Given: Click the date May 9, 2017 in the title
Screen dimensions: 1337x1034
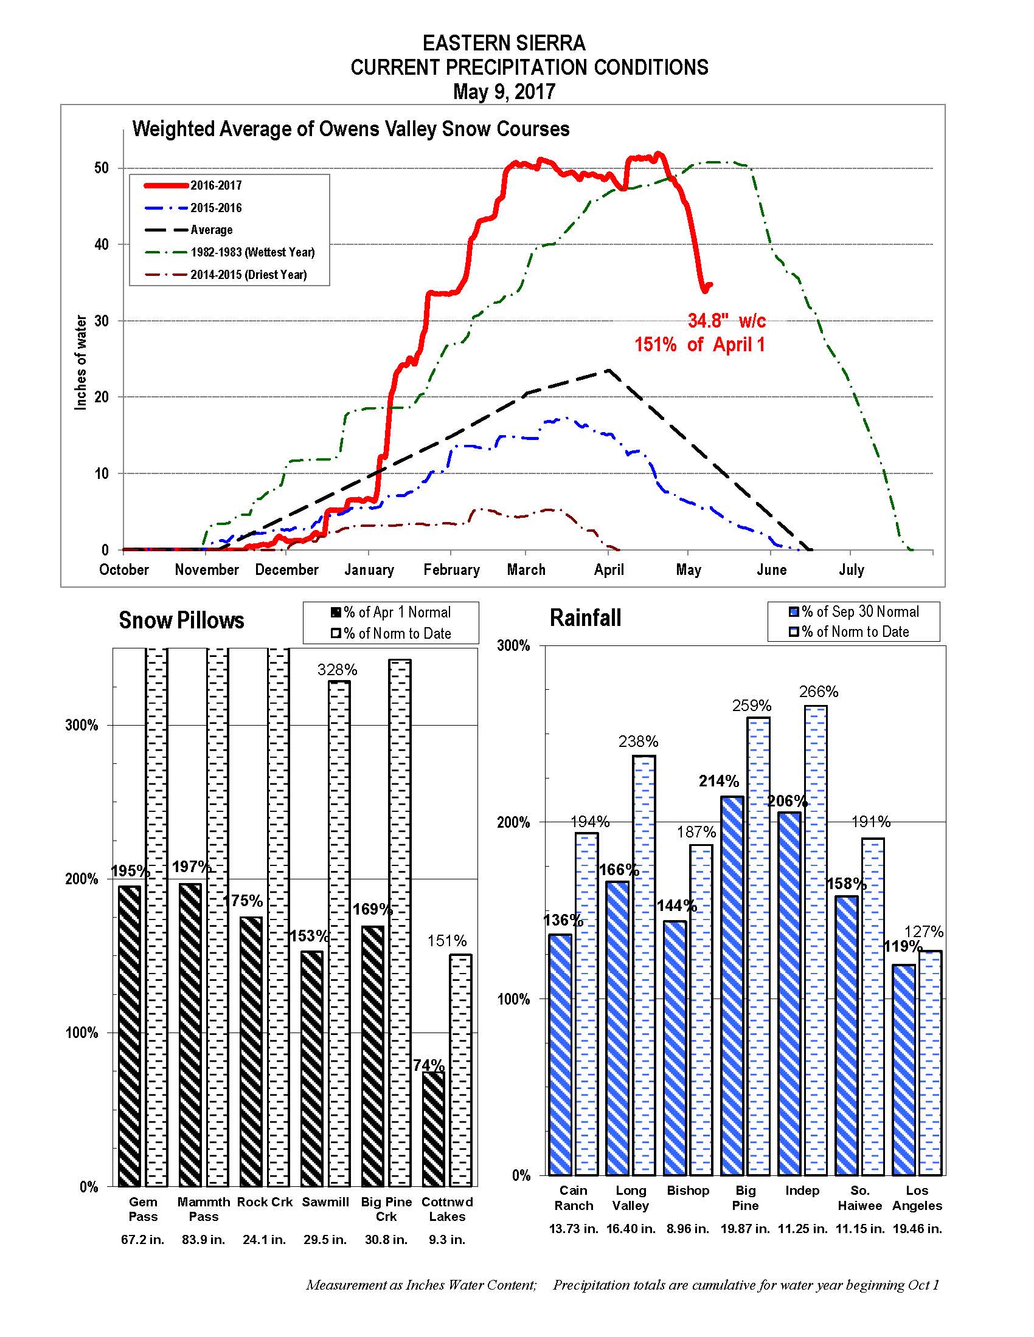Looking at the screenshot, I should (504, 92).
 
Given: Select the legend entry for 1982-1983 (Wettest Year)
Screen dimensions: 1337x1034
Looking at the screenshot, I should (252, 252).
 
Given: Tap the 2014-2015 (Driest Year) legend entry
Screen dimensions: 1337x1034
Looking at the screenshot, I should (248, 275).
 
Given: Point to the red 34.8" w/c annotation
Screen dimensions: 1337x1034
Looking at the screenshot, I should (726, 321).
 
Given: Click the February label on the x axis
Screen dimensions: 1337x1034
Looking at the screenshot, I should (451, 570).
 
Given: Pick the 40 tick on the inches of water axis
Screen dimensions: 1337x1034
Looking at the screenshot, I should (101, 245).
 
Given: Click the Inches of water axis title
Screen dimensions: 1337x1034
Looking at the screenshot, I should (81, 362).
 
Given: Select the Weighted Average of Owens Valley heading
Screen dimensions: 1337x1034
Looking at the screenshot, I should (351, 129).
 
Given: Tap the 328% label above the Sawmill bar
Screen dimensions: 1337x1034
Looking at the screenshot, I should (337, 670).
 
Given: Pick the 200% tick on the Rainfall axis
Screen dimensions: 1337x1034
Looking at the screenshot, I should (513, 822).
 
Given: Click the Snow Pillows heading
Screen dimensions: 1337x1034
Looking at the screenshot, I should (181, 620).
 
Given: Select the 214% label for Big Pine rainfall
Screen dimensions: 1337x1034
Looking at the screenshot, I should (718, 781).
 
